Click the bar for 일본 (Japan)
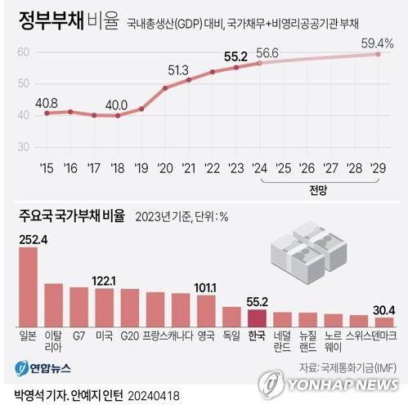pyautogui.click(x=28, y=287)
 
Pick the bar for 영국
pyautogui.click(x=206, y=311)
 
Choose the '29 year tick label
pyautogui.click(x=378, y=168)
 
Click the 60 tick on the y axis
pyautogui.click(x=23, y=52)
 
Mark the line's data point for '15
pyautogui.click(x=47, y=113)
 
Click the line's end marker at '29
pyautogui.click(x=378, y=54)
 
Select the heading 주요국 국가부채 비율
pyautogui.click(x=72, y=216)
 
